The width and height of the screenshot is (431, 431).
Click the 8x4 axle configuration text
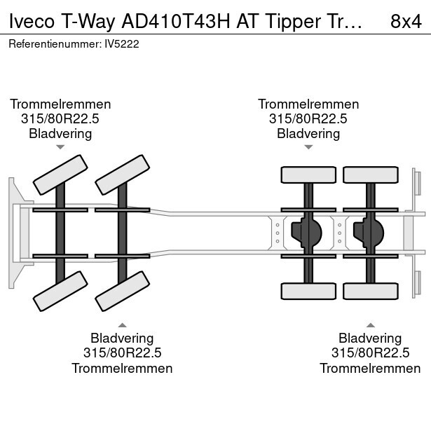[x=406, y=22]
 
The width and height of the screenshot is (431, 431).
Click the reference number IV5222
[x=122, y=44]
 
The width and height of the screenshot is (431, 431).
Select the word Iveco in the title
[x=32, y=22]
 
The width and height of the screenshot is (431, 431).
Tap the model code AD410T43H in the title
[x=176, y=22]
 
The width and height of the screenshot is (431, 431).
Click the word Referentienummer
[x=55, y=44]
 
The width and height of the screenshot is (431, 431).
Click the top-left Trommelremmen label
[x=60, y=104]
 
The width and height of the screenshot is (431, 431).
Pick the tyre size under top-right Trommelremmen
[x=308, y=119]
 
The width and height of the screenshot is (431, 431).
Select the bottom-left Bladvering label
[x=122, y=338]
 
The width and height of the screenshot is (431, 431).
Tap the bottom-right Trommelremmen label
[x=370, y=369]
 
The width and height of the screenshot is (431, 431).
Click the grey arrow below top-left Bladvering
[x=60, y=147]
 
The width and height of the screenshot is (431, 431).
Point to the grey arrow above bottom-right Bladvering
[x=370, y=325]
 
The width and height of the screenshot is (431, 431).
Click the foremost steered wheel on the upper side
[x=60, y=175]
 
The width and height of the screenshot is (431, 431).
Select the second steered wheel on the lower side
[x=123, y=291]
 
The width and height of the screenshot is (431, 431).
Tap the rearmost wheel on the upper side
[x=371, y=175]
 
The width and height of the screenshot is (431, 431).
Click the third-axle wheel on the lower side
[x=308, y=291]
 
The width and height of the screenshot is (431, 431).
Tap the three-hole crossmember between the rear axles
[x=340, y=233]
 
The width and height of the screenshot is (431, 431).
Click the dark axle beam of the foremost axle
[x=60, y=233]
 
